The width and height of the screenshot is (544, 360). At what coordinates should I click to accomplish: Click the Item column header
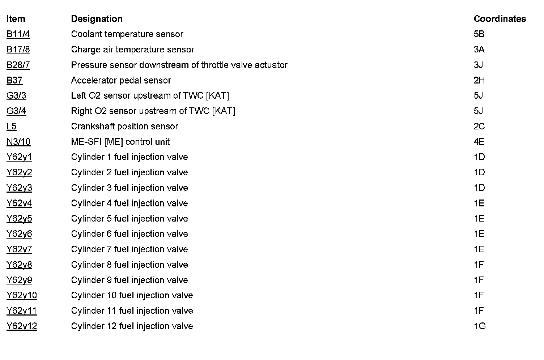(x=16, y=19)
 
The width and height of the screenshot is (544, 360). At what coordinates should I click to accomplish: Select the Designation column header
(x=97, y=19)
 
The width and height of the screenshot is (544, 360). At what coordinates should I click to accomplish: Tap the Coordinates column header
(x=500, y=19)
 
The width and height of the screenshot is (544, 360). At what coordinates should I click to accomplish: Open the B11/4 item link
(x=18, y=34)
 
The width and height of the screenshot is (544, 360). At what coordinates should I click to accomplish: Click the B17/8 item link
(x=18, y=50)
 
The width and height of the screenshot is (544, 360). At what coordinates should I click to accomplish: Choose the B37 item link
(x=14, y=80)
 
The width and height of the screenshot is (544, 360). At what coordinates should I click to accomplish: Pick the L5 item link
(x=12, y=127)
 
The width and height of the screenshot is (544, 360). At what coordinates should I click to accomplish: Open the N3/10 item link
(x=18, y=142)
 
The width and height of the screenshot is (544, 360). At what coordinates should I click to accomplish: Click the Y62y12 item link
(x=22, y=326)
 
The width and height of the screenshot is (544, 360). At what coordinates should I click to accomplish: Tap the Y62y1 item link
(x=19, y=157)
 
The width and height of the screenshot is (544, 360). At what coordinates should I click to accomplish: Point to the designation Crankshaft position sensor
(x=124, y=127)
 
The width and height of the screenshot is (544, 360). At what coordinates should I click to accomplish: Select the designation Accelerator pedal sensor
(x=121, y=80)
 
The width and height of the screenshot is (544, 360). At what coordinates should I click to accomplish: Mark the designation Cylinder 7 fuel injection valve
(x=129, y=249)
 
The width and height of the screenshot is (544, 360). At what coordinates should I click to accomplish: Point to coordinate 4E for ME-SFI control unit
(x=479, y=142)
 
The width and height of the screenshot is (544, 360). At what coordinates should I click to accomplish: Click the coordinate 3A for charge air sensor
(x=479, y=50)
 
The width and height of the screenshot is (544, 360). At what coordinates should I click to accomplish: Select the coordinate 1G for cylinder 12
(x=479, y=326)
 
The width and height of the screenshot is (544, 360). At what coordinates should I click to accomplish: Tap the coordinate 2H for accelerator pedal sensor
(x=479, y=80)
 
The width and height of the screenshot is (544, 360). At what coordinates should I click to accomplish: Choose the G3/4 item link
(x=16, y=111)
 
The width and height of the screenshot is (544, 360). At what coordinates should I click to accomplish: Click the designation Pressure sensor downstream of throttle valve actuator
(x=179, y=65)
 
